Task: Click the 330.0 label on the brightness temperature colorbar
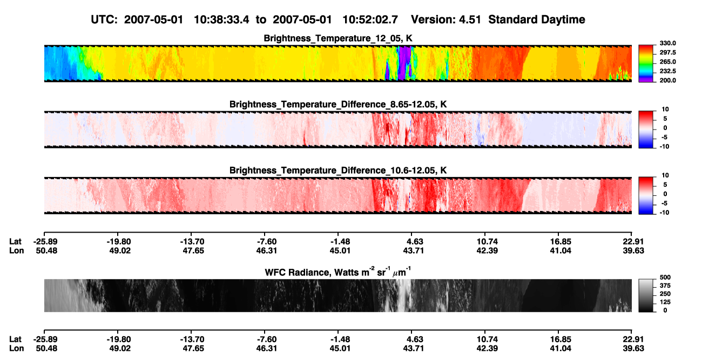(667, 43)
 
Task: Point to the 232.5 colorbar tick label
(667, 71)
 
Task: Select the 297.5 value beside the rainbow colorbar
(667, 53)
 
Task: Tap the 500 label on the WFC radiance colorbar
(665, 277)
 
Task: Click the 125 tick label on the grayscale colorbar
(665, 302)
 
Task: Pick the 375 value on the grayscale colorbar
(665, 286)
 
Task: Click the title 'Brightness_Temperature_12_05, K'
(338, 38)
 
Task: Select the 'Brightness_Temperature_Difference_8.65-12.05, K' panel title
(338, 104)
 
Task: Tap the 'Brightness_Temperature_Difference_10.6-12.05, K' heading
(338, 171)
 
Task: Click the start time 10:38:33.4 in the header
(221, 20)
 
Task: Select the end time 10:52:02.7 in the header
(370, 20)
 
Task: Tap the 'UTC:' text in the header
(104, 20)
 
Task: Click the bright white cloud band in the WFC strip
(403, 295)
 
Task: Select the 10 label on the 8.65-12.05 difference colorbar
(665, 110)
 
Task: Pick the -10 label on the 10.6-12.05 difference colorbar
(664, 213)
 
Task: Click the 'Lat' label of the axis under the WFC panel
(15, 339)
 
